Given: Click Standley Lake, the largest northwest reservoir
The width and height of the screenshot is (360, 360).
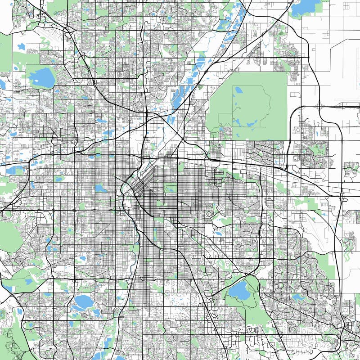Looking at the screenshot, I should coord(41,77).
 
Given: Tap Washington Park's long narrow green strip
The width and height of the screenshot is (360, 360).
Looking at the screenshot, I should coord(156,234).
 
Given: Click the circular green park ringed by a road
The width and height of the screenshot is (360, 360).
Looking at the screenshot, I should coord(246,210).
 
